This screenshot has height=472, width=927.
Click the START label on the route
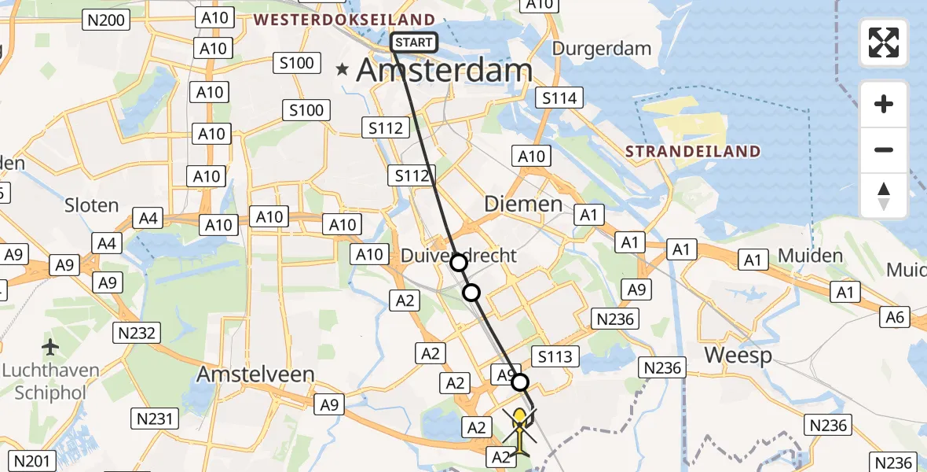[413, 42]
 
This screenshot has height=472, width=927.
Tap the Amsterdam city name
[445, 71]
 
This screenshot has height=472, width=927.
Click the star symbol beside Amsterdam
[342, 70]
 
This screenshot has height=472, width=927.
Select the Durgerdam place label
[602, 48]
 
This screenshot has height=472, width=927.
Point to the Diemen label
[523, 205]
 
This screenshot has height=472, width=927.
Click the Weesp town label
[738, 355]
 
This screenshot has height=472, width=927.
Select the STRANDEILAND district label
[692, 151]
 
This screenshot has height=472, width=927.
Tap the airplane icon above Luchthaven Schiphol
[51, 346]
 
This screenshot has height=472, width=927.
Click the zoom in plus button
[884, 104]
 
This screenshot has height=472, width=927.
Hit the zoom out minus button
[884, 149]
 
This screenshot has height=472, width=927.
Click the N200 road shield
[107, 20]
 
